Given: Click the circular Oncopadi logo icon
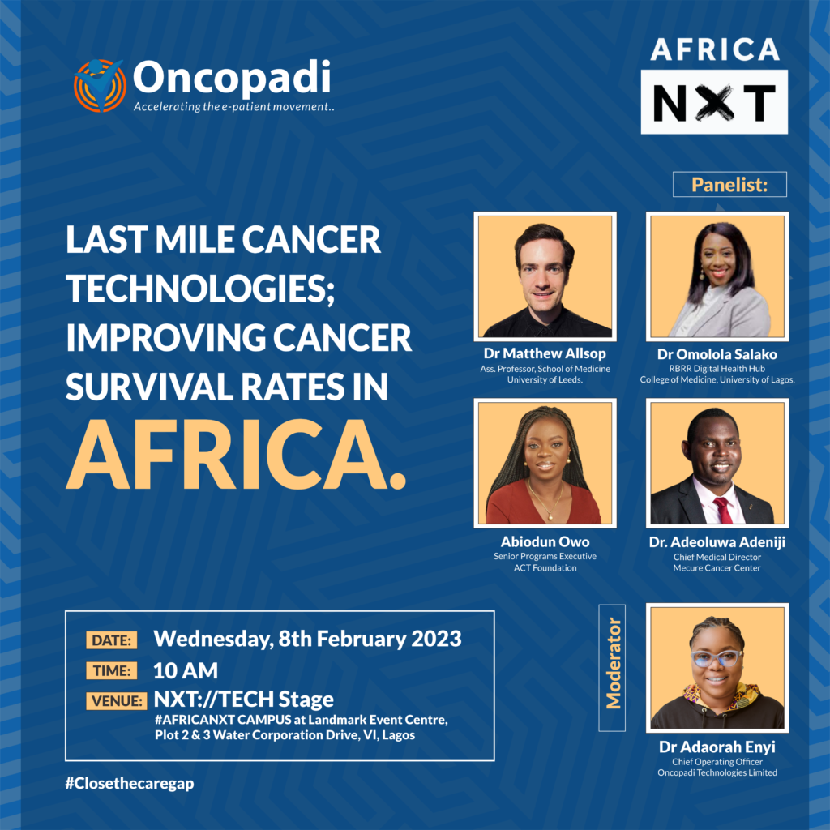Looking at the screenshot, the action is tap(100, 85).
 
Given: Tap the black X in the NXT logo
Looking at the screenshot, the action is tap(714, 102).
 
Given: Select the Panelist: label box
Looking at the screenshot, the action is tap(729, 184).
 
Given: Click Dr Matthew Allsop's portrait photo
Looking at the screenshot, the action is tap(545, 276).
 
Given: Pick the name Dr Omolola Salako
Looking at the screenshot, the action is tap(717, 354).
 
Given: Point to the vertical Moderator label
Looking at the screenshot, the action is tap(613, 668).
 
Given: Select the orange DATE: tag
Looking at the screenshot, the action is tap(112, 640).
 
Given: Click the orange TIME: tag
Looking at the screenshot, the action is tap(112, 670).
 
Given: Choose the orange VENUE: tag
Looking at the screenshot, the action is tap(117, 701).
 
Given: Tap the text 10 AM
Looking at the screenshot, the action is tap(186, 670).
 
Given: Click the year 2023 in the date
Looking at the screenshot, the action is tap(436, 639).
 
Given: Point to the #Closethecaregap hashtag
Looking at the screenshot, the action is tap(130, 784).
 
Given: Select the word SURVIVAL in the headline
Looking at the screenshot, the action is tap(149, 387).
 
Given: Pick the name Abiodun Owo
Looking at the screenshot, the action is tap(545, 541).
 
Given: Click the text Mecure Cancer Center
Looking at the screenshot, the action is tap(717, 568).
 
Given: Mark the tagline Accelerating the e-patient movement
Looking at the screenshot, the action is tap(234, 106).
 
